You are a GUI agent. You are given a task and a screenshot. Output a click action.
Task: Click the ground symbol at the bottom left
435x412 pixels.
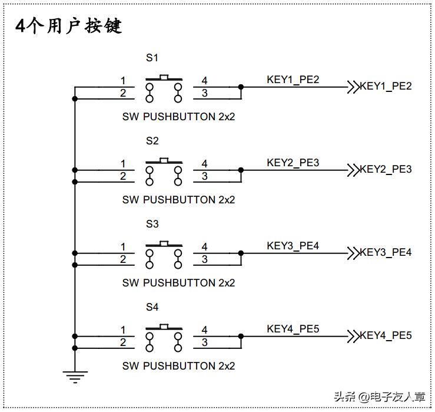point(75,375)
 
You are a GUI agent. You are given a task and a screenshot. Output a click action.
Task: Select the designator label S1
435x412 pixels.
point(152,58)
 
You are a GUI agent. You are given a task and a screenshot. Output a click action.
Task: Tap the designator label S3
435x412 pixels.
point(152,224)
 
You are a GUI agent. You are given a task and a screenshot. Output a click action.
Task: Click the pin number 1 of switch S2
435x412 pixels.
point(123,163)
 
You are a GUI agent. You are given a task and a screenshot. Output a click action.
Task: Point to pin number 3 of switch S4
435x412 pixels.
point(204,342)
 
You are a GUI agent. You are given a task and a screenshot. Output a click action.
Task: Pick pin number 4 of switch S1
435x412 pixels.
point(204,80)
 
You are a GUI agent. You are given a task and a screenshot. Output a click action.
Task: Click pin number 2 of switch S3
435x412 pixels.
point(123,259)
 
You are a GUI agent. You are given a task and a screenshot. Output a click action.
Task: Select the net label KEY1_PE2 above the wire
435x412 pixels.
point(293,80)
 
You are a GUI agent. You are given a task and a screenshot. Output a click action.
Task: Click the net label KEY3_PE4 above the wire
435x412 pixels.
point(293,246)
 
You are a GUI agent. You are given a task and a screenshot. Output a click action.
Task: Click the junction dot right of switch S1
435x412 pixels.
point(241,87)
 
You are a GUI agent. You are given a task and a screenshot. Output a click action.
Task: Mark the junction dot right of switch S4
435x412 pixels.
point(241,337)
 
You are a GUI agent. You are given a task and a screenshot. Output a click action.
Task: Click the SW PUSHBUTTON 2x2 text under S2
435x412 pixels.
point(178,200)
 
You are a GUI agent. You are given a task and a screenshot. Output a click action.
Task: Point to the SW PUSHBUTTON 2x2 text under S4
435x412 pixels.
point(178,366)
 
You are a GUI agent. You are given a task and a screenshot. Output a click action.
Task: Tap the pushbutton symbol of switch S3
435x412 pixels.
point(164,252)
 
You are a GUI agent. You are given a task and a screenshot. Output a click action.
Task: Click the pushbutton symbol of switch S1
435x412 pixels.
point(164,86)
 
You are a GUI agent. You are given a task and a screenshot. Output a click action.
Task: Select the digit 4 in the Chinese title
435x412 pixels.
point(21,26)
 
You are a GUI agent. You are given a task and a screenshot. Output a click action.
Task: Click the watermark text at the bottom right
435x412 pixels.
point(379,397)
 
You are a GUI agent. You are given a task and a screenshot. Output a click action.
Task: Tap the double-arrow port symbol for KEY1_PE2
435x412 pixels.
point(353,87)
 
